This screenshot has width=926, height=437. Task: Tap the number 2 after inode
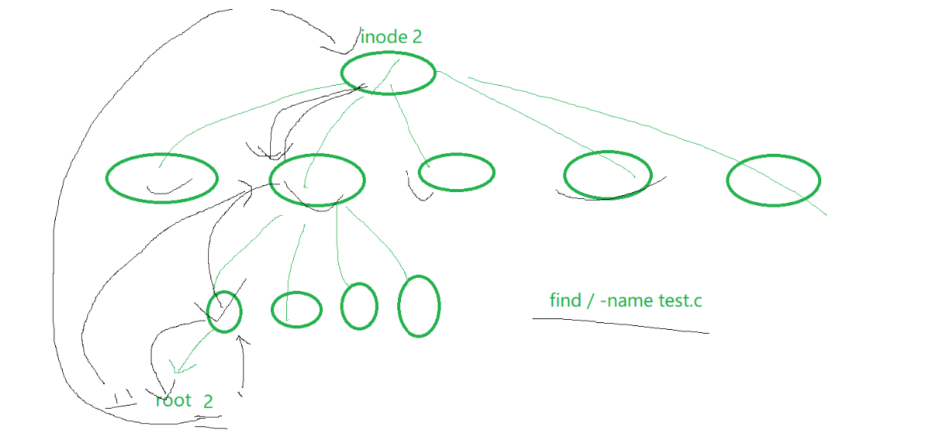click(416, 36)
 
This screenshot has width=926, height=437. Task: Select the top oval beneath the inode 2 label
click(388, 73)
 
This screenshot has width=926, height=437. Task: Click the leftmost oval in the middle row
click(161, 178)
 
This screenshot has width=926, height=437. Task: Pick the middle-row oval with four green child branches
click(317, 180)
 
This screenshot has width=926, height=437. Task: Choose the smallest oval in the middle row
click(456, 172)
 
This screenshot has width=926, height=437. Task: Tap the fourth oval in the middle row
click(608, 174)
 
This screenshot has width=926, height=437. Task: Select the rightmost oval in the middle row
click(773, 181)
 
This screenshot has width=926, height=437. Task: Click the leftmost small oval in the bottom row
click(224, 311)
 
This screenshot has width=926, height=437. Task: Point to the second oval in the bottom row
click(297, 309)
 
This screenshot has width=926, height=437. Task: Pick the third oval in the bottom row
click(359, 306)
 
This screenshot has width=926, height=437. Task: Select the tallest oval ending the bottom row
click(419, 306)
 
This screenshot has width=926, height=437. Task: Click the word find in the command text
click(565, 300)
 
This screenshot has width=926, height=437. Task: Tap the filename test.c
click(680, 300)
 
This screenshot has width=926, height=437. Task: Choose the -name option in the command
click(627, 300)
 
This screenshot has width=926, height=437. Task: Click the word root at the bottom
click(173, 400)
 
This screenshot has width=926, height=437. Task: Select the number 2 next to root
click(208, 401)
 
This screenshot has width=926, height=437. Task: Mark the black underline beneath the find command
click(620, 324)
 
